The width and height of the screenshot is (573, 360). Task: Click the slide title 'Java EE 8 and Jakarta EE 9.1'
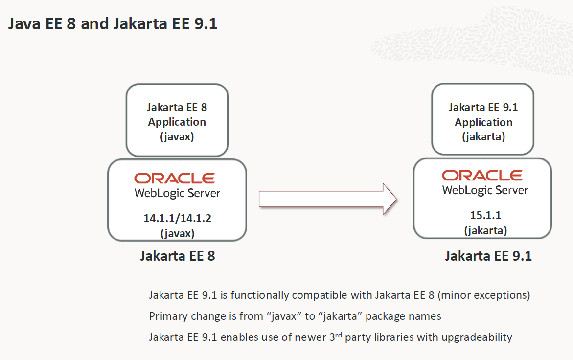click(x=113, y=23)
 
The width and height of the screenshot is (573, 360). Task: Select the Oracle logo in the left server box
click(x=174, y=178)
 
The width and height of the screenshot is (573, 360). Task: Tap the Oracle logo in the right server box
click(x=482, y=175)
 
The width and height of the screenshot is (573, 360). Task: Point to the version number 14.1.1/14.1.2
click(x=177, y=219)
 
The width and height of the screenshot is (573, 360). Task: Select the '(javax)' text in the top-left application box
click(x=177, y=137)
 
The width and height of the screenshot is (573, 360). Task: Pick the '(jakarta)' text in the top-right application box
click(x=483, y=137)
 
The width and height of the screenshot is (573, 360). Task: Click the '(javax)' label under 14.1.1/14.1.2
click(x=177, y=233)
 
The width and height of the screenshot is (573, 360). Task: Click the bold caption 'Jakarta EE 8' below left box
click(x=177, y=256)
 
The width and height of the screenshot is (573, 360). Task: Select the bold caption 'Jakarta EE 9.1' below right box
click(x=488, y=256)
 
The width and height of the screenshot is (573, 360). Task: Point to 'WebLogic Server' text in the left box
click(x=177, y=193)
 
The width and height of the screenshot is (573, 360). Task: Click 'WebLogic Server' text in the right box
click(x=485, y=190)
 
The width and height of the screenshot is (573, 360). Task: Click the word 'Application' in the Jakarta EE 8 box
click(x=177, y=122)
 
